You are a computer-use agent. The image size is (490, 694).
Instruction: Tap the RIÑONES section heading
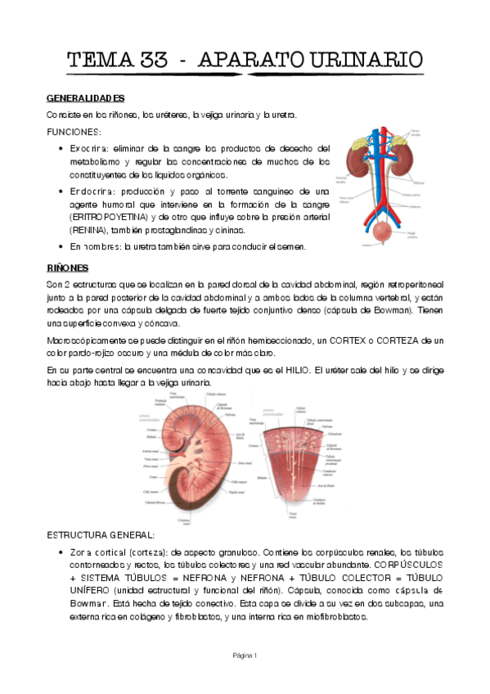[67, 268]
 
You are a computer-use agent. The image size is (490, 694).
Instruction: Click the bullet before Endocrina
[63, 191]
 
